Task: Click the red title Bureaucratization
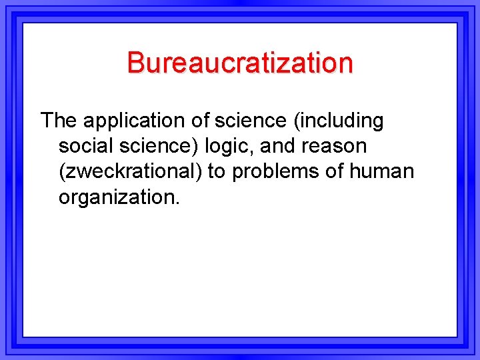click(240, 63)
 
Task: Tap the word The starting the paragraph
click(59, 121)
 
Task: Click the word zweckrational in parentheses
click(130, 171)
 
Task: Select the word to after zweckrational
click(216, 171)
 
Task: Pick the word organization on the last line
click(117, 198)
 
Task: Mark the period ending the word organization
click(177, 203)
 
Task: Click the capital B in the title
click(135, 63)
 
